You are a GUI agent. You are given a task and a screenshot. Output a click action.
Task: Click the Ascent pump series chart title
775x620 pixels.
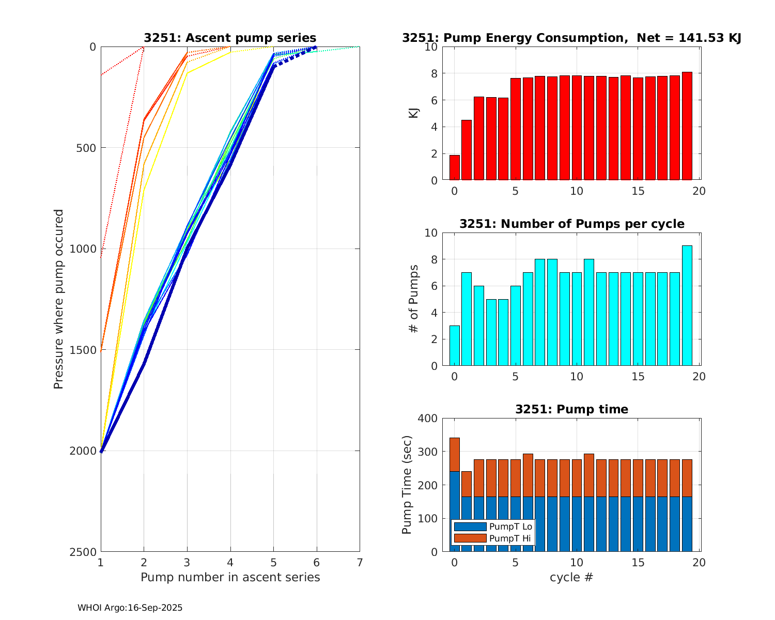click(230, 38)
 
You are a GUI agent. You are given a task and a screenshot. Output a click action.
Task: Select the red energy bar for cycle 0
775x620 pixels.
click(455, 167)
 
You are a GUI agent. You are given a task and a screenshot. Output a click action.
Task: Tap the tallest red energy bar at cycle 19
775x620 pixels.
click(687, 126)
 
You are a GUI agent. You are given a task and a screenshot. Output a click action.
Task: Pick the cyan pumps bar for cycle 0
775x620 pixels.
click(455, 346)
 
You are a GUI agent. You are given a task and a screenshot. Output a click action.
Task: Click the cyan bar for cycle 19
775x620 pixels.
click(687, 306)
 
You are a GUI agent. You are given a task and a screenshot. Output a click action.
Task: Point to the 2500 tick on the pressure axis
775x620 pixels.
click(86, 552)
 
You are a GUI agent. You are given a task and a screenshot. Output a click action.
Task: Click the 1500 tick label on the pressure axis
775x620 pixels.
click(86, 350)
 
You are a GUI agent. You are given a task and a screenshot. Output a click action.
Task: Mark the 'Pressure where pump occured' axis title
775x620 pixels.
click(59, 299)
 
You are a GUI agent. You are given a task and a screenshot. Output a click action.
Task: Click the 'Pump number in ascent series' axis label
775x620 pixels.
click(230, 577)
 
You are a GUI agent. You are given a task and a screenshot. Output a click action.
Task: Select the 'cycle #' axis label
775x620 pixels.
click(571, 577)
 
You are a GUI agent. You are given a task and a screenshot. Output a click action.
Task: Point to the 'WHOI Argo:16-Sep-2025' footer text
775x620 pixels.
click(130, 608)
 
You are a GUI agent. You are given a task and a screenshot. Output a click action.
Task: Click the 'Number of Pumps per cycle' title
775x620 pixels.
click(572, 224)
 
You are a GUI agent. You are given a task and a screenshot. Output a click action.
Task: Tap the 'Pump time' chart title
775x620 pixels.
click(572, 409)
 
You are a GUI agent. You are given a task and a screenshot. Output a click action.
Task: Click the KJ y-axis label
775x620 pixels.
click(413, 113)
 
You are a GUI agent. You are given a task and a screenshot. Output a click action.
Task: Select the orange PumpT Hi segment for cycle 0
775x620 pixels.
click(455, 454)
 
